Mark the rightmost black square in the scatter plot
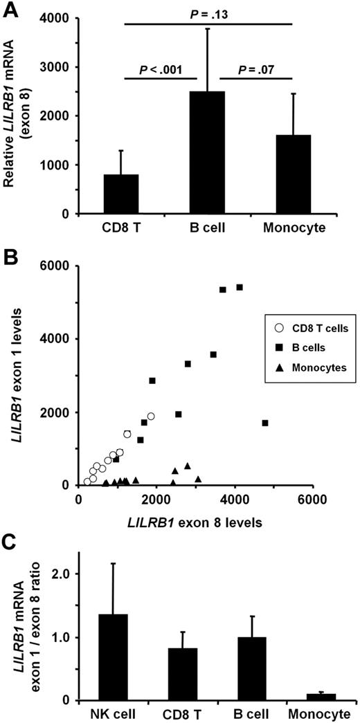[266, 423]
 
